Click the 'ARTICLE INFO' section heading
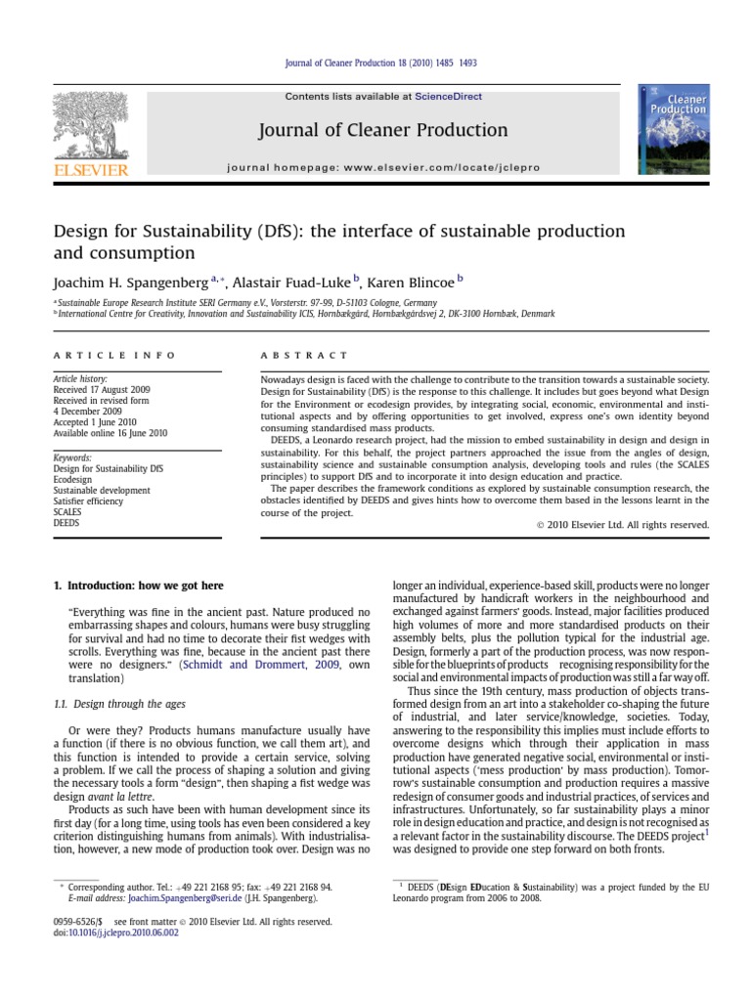tap(114, 355)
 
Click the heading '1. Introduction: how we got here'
tap(138, 586)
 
